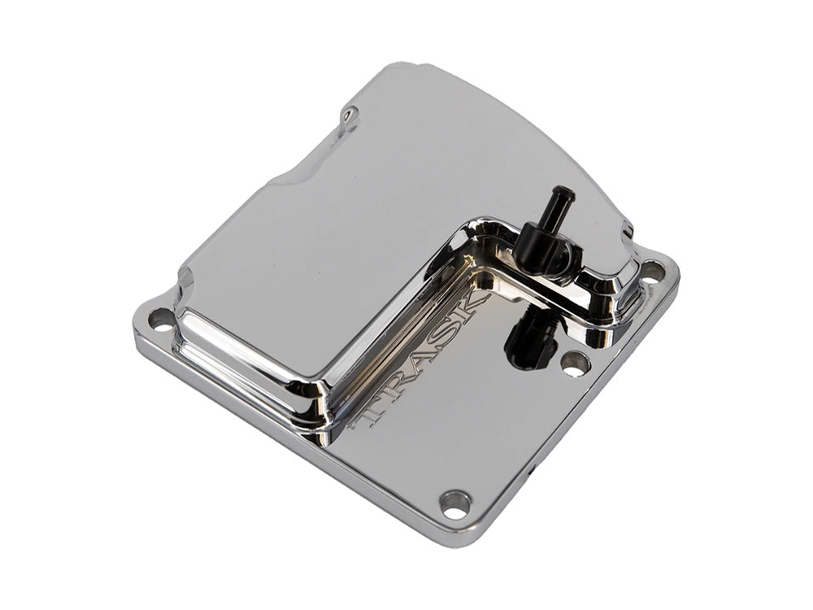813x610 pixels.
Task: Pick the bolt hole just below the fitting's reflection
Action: (x=575, y=365)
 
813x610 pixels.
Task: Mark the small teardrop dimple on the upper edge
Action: (x=350, y=116)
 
